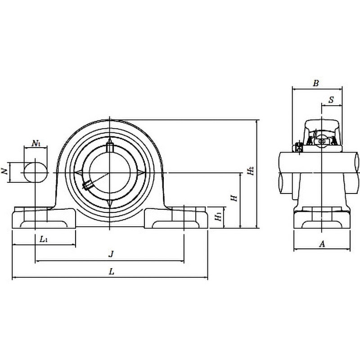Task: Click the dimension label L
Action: click(x=111, y=271)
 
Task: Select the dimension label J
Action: click(x=111, y=254)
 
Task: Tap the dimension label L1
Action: click(x=44, y=239)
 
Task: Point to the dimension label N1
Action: click(x=36, y=144)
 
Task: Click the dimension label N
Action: click(x=4, y=171)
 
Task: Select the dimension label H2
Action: click(x=250, y=171)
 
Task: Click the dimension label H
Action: click(x=233, y=198)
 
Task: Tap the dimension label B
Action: click(x=316, y=83)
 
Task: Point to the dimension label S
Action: click(x=331, y=100)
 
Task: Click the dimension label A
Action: click(x=321, y=244)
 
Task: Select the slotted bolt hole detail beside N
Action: click(x=35, y=172)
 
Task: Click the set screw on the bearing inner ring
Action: click(x=87, y=184)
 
